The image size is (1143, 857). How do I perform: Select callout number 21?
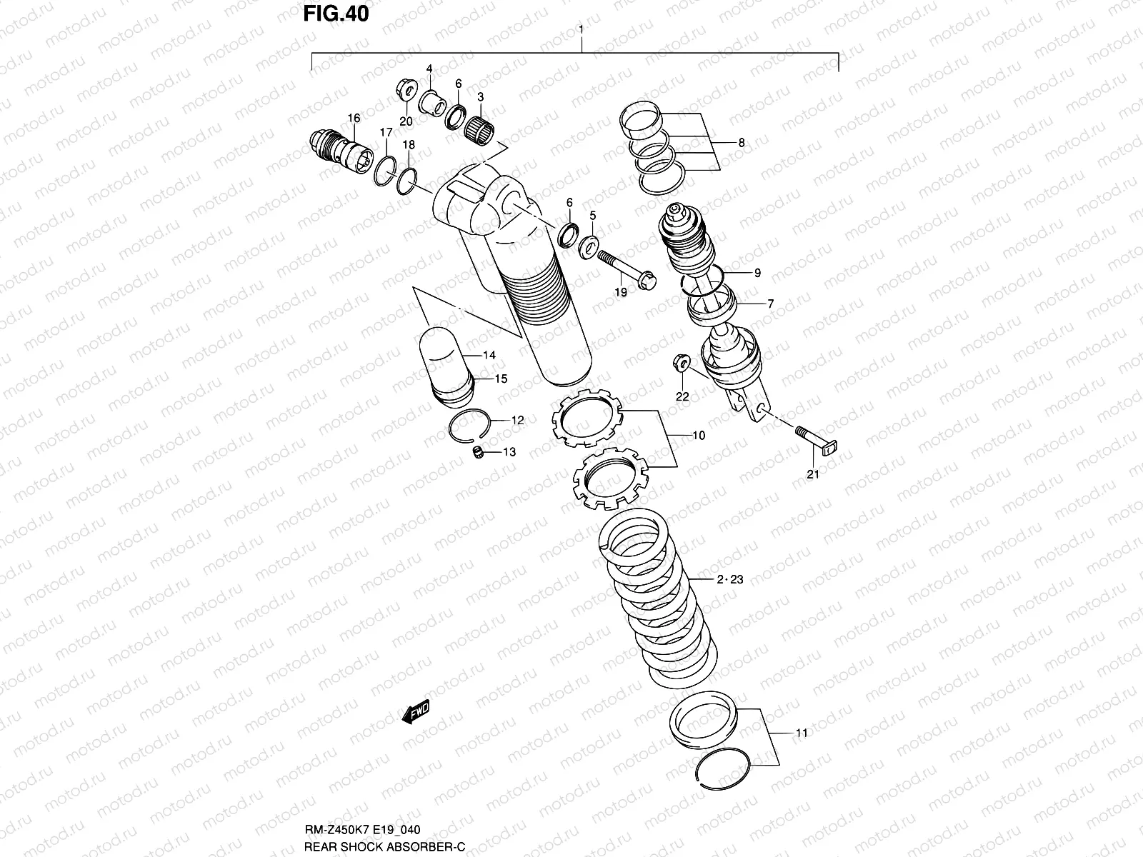(812, 473)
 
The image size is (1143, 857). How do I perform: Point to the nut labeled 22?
(681, 365)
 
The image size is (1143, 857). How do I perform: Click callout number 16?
(354, 117)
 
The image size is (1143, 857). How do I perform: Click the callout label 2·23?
(730, 579)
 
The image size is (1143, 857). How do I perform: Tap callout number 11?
(802, 733)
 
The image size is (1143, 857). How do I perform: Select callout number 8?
(742, 143)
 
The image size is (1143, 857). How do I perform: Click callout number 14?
(489, 355)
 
